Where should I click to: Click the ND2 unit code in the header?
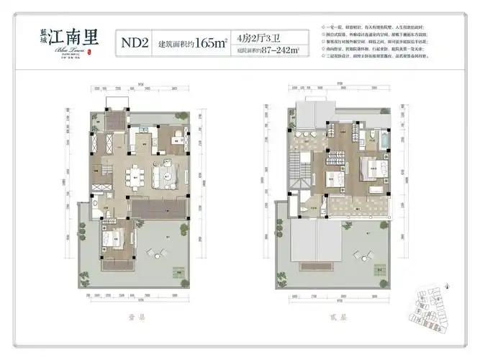pyautogui.click(x=135, y=43)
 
